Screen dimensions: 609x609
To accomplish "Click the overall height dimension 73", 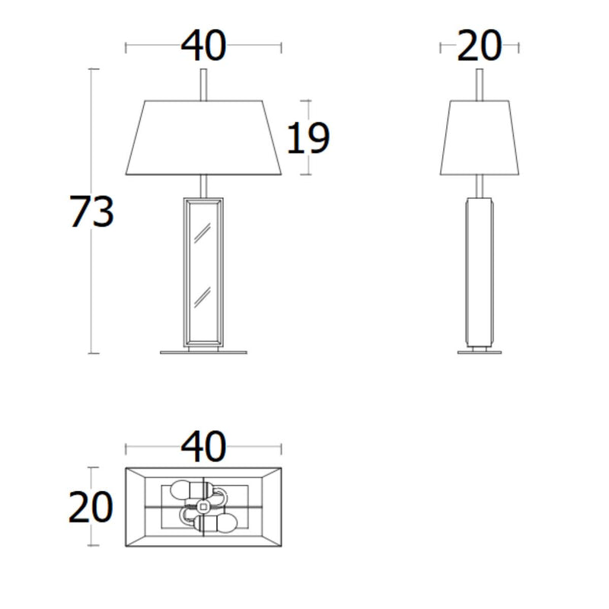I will [x=91, y=212].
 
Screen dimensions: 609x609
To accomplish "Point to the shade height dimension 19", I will [x=308, y=139].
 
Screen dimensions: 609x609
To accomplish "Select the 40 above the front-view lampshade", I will [x=203, y=46].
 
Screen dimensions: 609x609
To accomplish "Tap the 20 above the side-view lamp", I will [x=480, y=47].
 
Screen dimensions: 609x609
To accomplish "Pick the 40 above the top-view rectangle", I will [x=203, y=447].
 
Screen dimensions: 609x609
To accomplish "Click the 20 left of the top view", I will [x=91, y=507].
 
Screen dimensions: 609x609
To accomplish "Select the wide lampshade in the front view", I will [x=203, y=137].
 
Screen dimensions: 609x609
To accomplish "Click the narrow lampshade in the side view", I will [x=480, y=137].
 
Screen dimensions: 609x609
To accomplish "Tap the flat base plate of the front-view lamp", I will [x=203, y=352].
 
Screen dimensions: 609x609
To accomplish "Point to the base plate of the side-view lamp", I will [x=480, y=352].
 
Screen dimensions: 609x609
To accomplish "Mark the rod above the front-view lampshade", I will [x=203, y=84].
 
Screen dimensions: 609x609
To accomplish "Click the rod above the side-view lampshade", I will [x=480, y=84].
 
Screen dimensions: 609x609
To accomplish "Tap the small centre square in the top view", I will [x=203, y=506].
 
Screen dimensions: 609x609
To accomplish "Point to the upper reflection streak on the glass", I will [x=202, y=237].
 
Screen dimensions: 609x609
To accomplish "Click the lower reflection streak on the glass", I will [x=202, y=298].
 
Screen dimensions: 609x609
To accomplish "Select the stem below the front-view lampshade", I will [x=203, y=186].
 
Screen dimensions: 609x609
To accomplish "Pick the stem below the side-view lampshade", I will [x=480, y=186].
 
